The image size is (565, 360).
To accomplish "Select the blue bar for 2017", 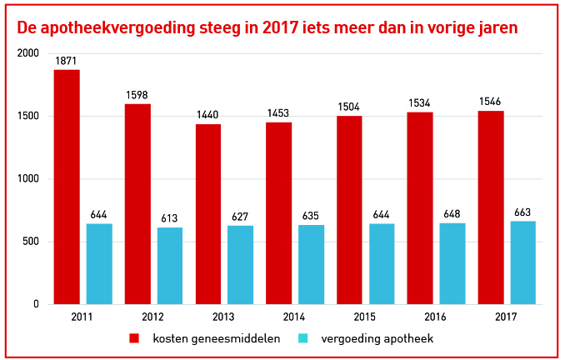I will click(522, 262).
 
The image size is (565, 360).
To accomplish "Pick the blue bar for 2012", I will click(170, 266).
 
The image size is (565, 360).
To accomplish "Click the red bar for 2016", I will click(420, 208).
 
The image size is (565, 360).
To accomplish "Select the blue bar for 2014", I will click(311, 264).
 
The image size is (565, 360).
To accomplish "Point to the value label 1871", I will click(67, 62).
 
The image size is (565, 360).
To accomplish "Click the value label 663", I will click(522, 213).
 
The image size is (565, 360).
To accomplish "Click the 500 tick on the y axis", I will click(31, 242).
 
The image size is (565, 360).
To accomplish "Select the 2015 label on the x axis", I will click(365, 317).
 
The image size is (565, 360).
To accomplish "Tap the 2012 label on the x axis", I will click(152, 317).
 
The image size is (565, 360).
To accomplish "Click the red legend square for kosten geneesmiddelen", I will click(133, 338).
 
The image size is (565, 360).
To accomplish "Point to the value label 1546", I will click(490, 102).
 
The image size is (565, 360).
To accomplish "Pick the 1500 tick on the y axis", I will click(28, 116).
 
